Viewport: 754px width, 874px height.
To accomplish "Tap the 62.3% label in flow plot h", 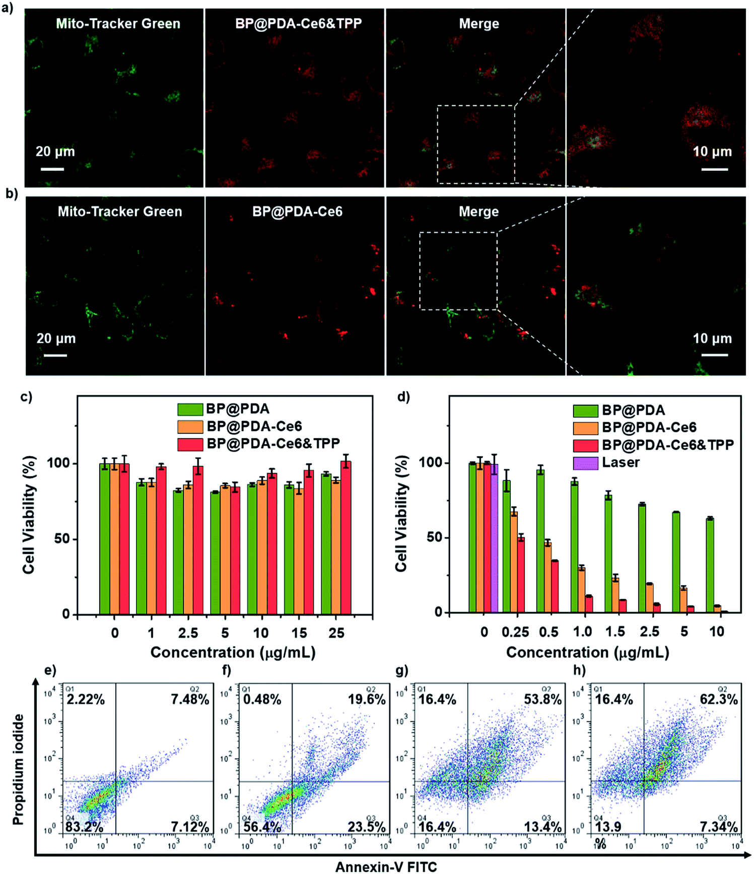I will point(719,700).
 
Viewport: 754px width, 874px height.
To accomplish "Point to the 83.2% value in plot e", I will point(84,827).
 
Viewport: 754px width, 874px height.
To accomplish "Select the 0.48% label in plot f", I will point(262,700).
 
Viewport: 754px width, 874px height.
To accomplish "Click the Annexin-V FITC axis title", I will point(386,866).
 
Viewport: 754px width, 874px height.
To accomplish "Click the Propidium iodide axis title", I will point(19,769).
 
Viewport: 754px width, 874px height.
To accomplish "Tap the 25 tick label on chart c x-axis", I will point(336,633).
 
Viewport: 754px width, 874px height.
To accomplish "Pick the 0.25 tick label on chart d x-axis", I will point(515,632).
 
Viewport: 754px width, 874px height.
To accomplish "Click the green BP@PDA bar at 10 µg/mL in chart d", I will point(710,565).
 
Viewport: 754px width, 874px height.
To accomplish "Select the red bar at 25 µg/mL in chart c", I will point(346,537).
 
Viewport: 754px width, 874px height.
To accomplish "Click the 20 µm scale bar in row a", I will point(52,169).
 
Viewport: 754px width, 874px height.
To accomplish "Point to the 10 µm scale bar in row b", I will point(714,355).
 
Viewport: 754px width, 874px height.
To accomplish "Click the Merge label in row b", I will point(478,212).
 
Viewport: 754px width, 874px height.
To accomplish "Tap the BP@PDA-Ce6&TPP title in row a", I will point(298,24).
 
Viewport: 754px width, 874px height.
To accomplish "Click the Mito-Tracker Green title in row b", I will point(120,212).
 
